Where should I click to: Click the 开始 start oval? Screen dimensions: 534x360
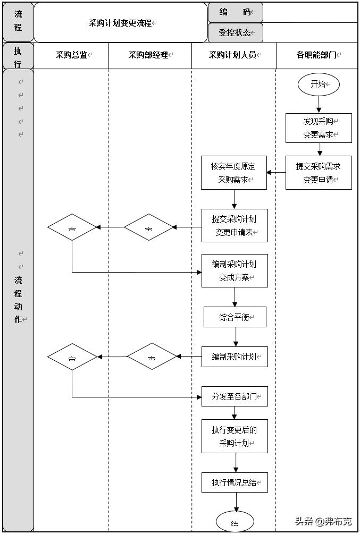click(318, 84)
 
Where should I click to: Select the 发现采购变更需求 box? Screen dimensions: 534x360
click(319, 128)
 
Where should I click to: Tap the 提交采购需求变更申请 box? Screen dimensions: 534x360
click(319, 173)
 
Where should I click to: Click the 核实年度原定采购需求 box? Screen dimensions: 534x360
click(233, 173)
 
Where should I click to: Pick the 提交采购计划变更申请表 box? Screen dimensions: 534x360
click(235, 225)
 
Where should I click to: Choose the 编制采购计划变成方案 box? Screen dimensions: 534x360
click(235, 270)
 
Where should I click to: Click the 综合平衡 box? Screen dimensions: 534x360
click(235, 317)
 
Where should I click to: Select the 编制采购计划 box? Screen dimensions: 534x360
click(235, 357)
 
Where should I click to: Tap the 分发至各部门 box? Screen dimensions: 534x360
click(235, 396)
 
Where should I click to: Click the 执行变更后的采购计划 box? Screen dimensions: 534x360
click(235, 436)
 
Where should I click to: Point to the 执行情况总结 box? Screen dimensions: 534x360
click(235, 482)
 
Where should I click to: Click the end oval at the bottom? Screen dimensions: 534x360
click(235, 522)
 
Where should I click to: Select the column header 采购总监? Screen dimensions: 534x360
click(72, 55)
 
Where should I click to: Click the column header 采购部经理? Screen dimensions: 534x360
click(149, 55)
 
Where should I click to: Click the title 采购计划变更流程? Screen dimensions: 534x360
click(121, 23)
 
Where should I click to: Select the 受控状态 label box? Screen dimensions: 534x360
click(235, 32)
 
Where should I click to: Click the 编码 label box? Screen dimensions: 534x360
click(235, 12)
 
